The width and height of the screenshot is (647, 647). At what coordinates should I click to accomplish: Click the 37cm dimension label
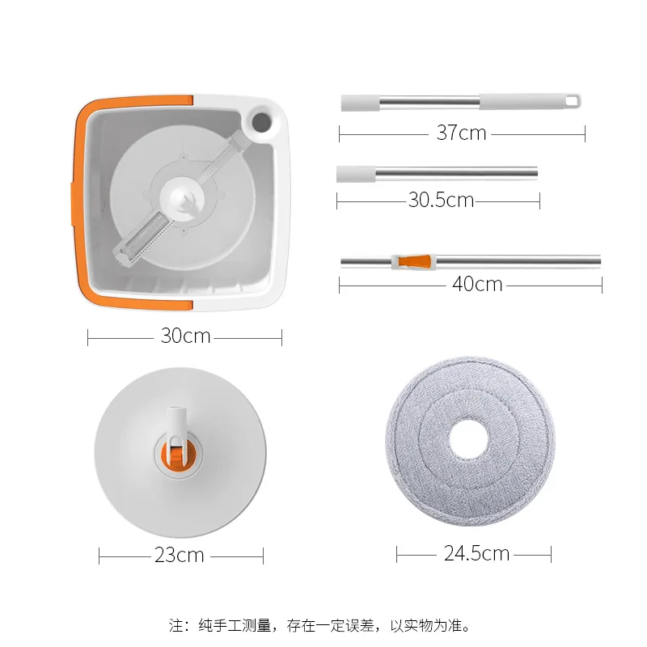461,133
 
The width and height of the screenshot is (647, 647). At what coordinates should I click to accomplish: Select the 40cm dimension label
476,284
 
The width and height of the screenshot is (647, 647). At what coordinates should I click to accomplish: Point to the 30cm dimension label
185,336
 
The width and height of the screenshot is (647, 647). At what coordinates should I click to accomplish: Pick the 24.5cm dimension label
476,553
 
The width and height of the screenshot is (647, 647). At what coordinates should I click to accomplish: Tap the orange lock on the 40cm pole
412,261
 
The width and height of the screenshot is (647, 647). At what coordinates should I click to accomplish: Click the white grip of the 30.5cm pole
356,173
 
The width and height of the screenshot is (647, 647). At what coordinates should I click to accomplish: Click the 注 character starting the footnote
176,625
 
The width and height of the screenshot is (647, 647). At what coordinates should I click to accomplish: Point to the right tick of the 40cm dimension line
601,285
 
